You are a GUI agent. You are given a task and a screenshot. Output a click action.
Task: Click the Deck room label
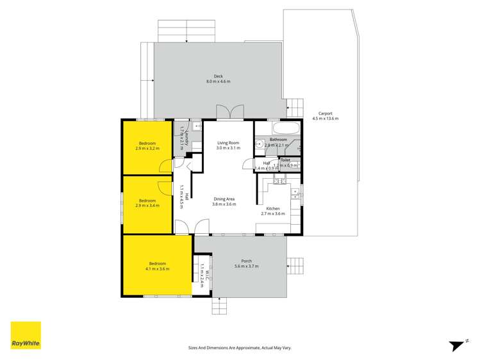coord(218,77)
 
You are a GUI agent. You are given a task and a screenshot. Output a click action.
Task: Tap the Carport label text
coord(325,113)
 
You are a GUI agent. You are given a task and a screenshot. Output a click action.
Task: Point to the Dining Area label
coord(224,199)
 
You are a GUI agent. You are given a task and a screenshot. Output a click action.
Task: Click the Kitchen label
coord(273,208)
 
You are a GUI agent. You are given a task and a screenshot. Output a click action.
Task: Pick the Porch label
coord(246,261)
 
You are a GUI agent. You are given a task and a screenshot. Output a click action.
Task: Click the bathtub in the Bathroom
coord(276,127)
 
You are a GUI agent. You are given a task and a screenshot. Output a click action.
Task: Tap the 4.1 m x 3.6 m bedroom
coord(157,266)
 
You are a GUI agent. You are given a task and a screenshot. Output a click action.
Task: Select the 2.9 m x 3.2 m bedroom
coord(147,145)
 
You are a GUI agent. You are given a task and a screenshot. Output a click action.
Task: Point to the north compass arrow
coord(457,345)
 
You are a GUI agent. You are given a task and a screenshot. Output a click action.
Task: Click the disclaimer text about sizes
coord(240,347)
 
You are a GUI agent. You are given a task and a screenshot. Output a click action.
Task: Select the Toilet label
coord(285,160)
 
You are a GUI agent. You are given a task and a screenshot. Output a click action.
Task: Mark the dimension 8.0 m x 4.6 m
coord(218,82)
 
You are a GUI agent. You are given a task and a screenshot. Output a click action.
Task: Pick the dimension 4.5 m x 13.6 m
coord(325,119)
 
